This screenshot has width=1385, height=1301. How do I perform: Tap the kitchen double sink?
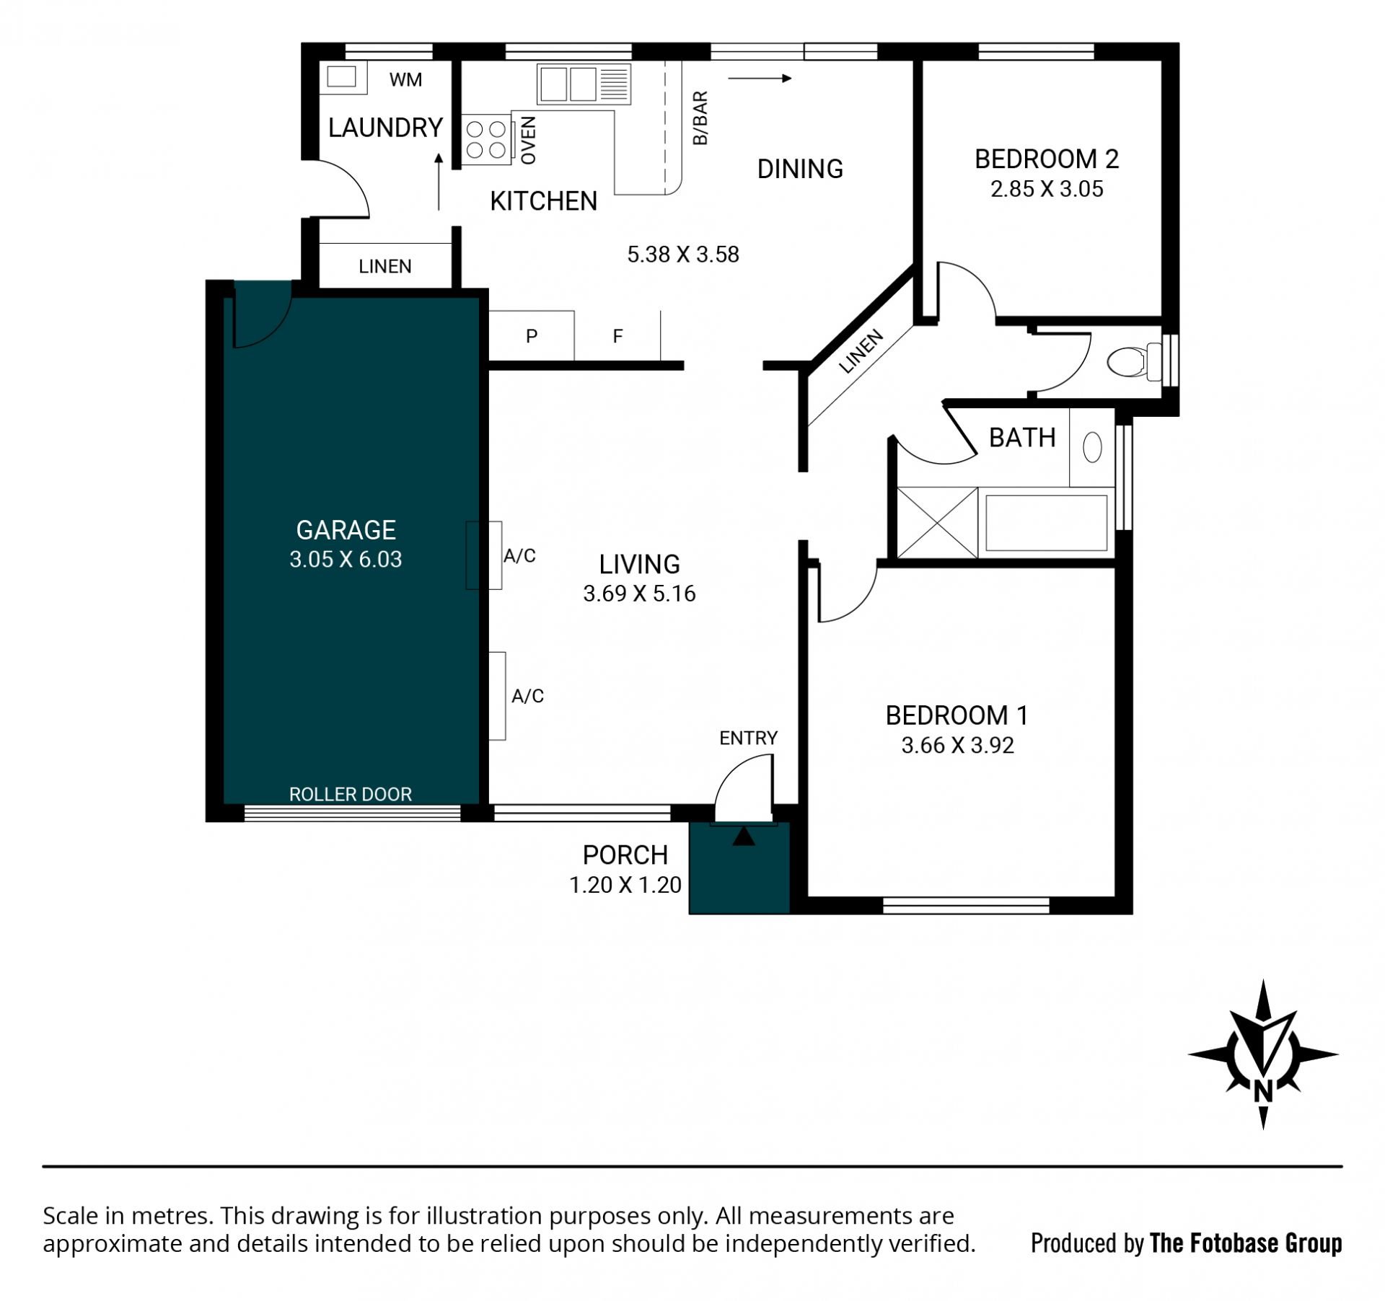584,84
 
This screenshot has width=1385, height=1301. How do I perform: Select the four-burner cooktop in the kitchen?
485,139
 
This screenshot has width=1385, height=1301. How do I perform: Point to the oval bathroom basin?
1092,447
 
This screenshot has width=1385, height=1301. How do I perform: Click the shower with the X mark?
937,523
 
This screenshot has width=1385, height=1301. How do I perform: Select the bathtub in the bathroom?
1046,523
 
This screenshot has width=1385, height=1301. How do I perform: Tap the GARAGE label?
346,530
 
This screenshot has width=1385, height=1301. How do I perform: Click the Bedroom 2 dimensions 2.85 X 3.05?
1047,189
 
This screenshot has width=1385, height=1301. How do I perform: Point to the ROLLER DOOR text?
351,794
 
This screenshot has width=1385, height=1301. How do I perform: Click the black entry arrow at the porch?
744,837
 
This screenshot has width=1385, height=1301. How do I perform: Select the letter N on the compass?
1263,1092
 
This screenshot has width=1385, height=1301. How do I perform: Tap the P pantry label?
532,336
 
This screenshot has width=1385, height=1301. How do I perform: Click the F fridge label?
617,336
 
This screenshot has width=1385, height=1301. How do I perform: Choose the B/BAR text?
700,118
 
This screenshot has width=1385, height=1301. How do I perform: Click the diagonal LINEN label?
861,351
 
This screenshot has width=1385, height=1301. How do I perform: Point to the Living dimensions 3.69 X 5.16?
639,594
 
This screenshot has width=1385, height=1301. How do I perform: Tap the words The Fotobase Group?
1246,1243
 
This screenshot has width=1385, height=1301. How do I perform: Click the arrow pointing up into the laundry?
439,182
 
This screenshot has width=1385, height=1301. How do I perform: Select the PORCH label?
625,855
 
